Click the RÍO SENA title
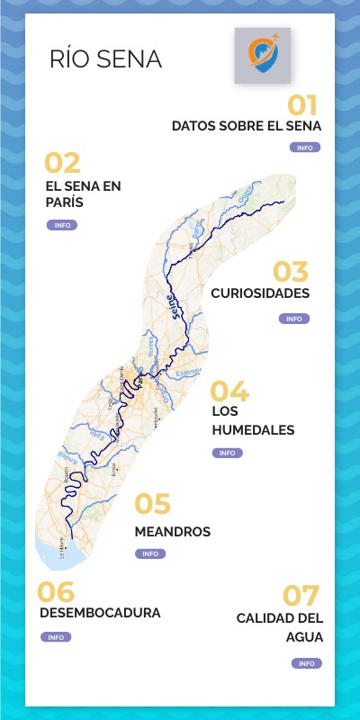(106, 59)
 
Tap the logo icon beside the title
(263, 56)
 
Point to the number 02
(62, 163)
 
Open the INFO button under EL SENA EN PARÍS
(62, 225)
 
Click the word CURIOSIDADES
(260, 293)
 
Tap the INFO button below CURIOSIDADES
(294, 319)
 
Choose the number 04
(229, 391)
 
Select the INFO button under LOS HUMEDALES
(227, 453)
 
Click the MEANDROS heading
(172, 532)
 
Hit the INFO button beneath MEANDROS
(150, 553)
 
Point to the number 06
(56, 591)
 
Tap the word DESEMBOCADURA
(101, 613)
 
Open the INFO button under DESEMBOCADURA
(56, 637)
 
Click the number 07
(302, 596)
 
